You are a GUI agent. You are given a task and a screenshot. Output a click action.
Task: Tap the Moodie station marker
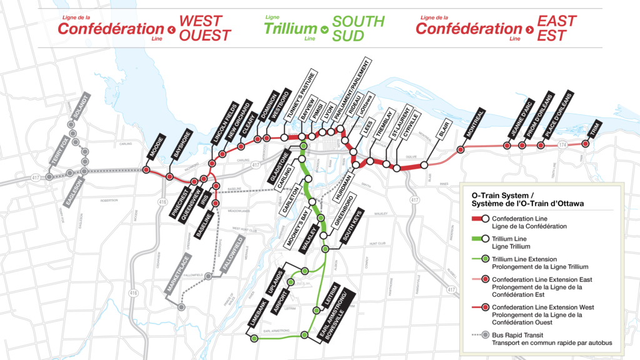point(146,169)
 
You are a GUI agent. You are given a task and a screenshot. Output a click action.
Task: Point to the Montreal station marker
point(461,149)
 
